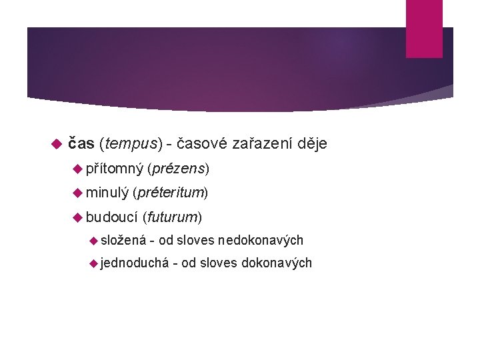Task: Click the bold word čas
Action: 81,143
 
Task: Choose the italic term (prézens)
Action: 179,169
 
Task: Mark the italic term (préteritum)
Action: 171,193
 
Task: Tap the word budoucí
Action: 112,217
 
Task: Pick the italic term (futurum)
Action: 172,217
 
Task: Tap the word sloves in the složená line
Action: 196,240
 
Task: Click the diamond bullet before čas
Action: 56,144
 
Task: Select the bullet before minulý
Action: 77,193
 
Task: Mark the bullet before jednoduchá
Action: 93,263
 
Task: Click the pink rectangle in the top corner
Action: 424,28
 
